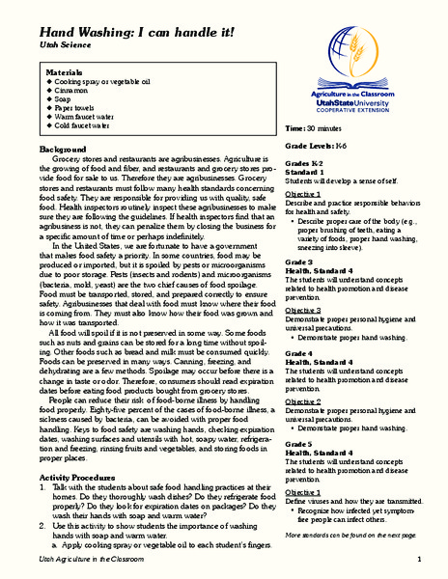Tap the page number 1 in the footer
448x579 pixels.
pos(420,560)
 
